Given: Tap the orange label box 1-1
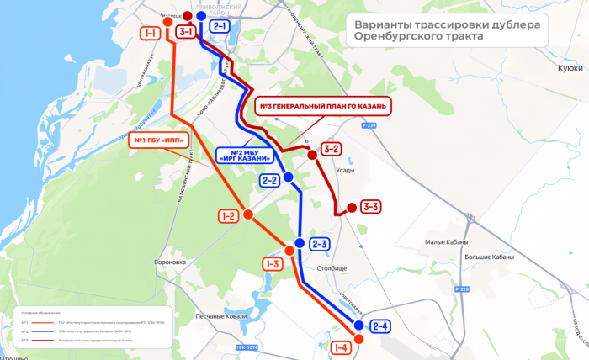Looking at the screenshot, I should point(151,34).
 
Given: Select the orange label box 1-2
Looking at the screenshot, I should point(227,216).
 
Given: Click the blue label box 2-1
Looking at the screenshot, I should point(220,27).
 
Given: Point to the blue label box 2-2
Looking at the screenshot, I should point(269,180).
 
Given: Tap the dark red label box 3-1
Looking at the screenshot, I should point(186,32).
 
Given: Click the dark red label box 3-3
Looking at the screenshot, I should point(371,206).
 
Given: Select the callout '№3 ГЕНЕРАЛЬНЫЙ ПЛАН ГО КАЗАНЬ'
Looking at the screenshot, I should point(321,107).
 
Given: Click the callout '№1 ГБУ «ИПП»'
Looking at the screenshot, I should point(158,140).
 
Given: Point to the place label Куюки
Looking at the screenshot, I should point(570,70).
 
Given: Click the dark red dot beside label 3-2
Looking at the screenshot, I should point(312,155).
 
